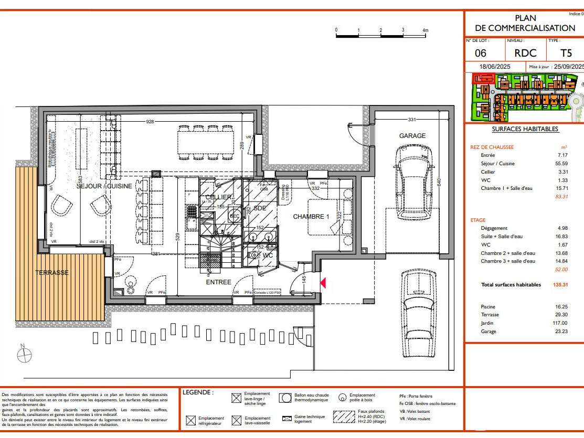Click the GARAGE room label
[412, 135]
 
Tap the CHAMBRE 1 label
[311, 216]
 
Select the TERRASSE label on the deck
[52, 273]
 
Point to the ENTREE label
[218, 282]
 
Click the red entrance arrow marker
[323, 283]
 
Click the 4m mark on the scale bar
[425, 30]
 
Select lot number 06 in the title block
[480, 53]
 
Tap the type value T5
[566, 53]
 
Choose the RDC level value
[525, 53]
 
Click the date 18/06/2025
[495, 67]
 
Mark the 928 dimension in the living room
[151, 122]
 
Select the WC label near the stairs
[268, 255]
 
